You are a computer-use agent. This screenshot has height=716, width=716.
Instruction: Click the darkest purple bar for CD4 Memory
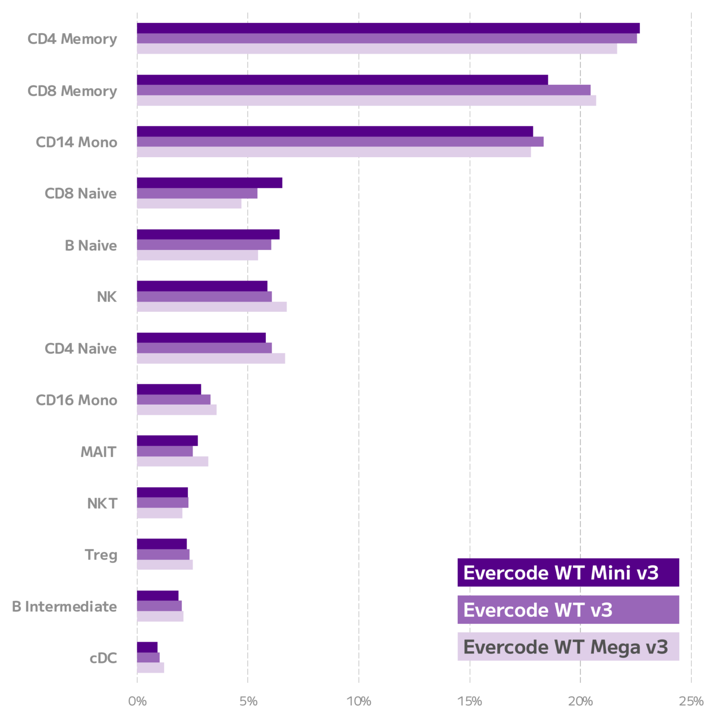tap(388, 28)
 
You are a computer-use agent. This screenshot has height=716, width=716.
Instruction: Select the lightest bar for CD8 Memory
tap(366, 101)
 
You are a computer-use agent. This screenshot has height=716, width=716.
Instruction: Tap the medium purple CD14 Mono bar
tap(340, 142)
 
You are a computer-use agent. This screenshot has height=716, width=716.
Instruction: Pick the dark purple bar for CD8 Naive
tap(209, 183)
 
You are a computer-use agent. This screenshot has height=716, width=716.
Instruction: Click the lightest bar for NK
tap(212, 307)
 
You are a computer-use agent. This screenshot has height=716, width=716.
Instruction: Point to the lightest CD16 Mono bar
tap(177, 410)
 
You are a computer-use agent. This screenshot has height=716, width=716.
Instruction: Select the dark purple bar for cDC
tap(147, 647)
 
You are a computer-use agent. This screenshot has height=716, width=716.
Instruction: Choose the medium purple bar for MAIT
tap(165, 451)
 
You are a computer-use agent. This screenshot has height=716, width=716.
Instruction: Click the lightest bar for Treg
tap(165, 565)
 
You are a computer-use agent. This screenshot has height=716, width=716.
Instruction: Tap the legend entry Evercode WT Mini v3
tap(568, 572)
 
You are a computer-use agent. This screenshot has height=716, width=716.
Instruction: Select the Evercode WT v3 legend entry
tap(568, 610)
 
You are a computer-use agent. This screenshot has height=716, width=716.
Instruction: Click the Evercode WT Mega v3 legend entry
tap(568, 647)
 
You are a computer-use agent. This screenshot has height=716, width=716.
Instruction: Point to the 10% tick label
tap(359, 701)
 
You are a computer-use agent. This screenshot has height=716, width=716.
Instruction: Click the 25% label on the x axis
tap(691, 701)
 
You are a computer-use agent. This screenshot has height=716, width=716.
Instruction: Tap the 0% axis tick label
tap(137, 701)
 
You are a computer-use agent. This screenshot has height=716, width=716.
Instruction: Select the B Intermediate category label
tap(64, 606)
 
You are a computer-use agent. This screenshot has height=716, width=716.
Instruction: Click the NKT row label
tap(102, 503)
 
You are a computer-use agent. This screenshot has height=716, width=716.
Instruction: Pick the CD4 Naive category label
tap(81, 349)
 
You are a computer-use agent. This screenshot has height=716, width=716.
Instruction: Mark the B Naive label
tap(90, 246)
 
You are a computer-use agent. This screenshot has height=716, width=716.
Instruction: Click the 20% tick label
tap(580, 701)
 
